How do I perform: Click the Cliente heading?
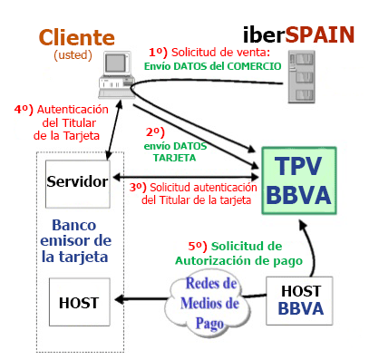pos(76,37)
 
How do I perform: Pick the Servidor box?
pos(77,180)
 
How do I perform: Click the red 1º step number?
pos(159,53)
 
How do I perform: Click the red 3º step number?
pos(137,187)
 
